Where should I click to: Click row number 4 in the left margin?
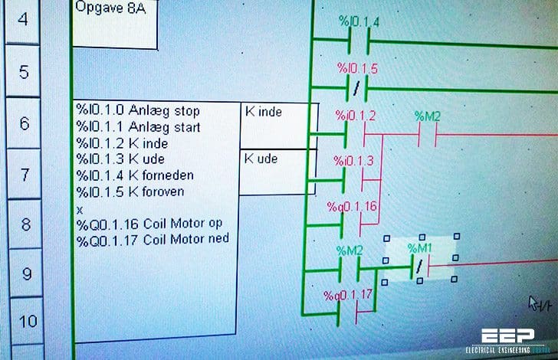(22, 18)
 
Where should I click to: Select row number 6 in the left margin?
(25, 123)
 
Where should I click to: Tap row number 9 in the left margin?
(26, 272)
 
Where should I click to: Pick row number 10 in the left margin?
(28, 321)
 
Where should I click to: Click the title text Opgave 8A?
(107, 7)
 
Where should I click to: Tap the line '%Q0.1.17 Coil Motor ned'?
(153, 240)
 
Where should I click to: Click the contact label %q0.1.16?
(352, 208)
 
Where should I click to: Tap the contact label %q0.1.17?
(349, 294)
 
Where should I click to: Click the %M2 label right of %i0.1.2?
(427, 116)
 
